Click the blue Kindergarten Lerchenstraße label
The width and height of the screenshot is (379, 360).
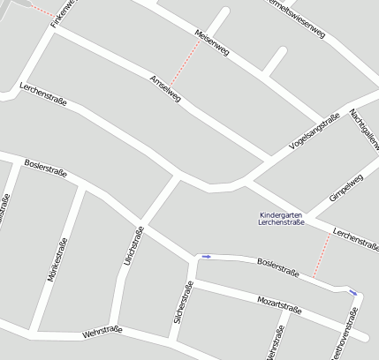[281, 219]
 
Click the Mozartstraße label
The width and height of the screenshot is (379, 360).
[280, 306]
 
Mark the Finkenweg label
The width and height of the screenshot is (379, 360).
[64, 12]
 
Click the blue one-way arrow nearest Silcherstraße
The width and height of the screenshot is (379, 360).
[207, 257]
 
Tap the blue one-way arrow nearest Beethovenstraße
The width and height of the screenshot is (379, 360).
[353, 291]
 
